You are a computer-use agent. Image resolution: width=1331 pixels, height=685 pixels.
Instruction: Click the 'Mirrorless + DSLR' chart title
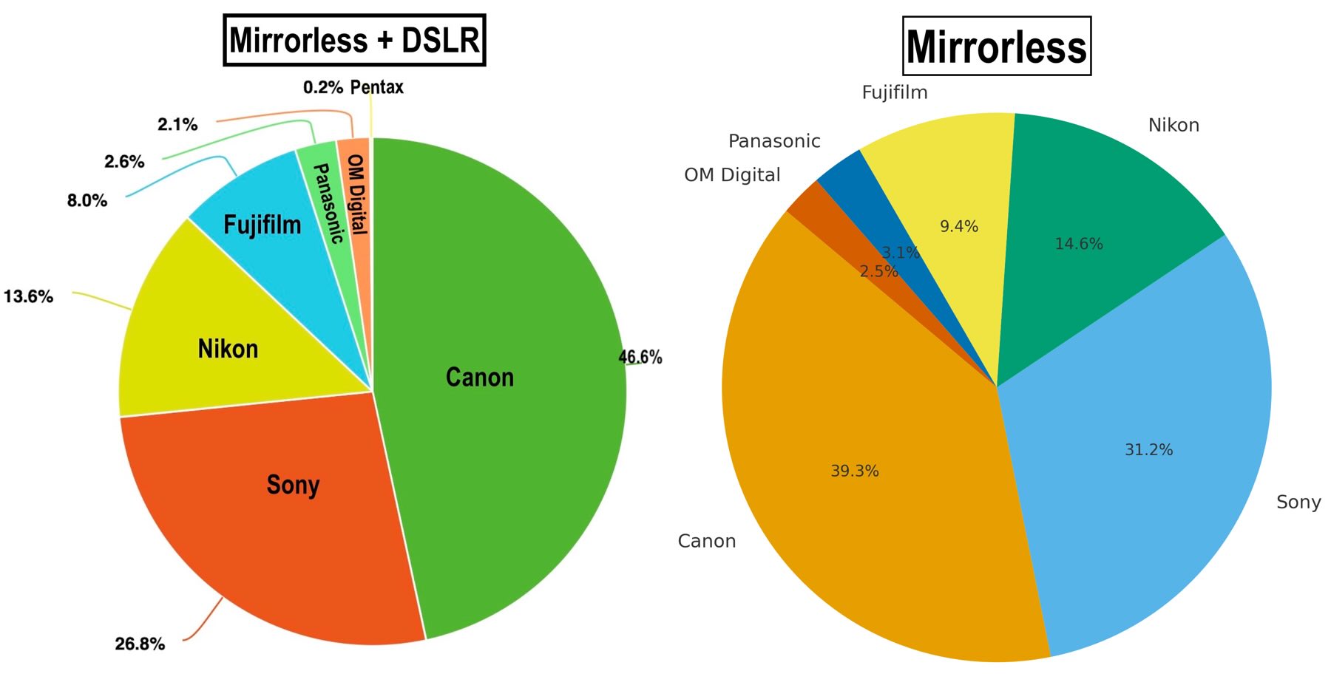click(354, 40)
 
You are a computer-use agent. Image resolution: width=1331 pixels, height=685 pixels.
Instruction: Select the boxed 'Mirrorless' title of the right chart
click(996, 46)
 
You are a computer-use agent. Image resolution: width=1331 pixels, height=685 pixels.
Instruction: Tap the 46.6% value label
click(640, 357)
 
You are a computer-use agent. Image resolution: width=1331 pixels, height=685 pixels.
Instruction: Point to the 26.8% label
click(140, 644)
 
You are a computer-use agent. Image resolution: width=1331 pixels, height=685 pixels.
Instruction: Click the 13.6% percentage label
click(28, 296)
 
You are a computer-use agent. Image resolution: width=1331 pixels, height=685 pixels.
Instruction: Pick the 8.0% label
click(87, 200)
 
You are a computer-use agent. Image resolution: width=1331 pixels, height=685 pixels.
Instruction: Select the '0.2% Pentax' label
click(353, 87)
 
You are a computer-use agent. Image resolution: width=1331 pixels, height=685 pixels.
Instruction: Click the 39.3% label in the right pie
click(855, 471)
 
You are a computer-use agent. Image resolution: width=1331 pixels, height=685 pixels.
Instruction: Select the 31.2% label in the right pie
click(1148, 449)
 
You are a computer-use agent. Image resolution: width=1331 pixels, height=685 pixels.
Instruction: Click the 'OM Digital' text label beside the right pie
click(732, 175)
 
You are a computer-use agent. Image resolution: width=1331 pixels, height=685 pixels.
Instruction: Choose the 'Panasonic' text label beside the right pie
click(774, 141)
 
